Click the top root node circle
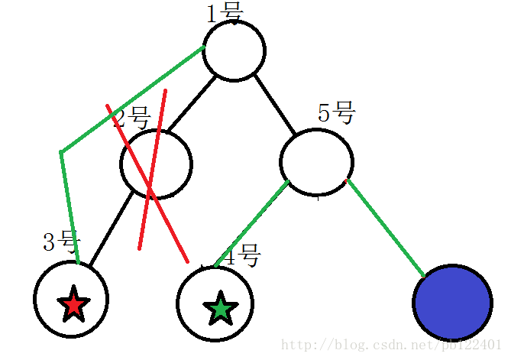coord(234,50)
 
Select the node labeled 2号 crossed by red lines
coord(156,164)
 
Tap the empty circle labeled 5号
coord(316,162)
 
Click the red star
coord(73,303)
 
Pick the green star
coord(220,308)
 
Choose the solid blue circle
coord(451,303)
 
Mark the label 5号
coord(336,114)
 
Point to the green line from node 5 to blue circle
coord(386,227)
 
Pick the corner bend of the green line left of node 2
coord(61,152)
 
